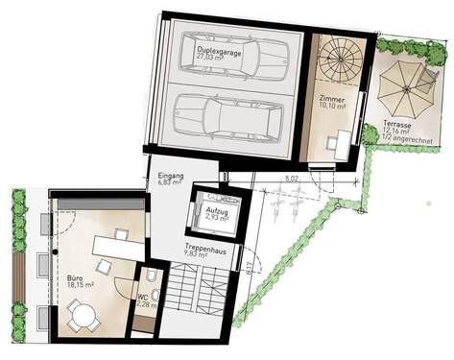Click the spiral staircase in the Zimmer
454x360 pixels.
coord(340,60)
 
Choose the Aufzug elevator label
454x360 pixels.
coord(219,209)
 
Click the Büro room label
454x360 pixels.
coord(74,276)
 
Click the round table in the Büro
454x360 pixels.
coord(82,312)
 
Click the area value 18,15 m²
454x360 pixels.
coord(78,285)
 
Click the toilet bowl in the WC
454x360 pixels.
coord(143,279)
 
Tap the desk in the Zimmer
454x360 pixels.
coord(338,144)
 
